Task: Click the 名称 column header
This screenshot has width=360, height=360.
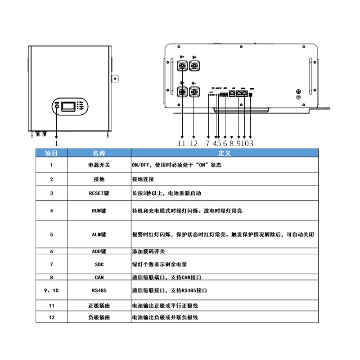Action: [99, 153]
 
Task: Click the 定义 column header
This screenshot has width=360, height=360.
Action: [224, 153]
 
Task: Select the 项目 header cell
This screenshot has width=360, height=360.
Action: [51, 153]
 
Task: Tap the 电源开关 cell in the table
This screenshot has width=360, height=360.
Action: [99, 165]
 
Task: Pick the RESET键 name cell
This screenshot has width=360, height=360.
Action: [99, 193]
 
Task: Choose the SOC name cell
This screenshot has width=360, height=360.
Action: [99, 265]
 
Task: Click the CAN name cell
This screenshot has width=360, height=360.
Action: [99, 278]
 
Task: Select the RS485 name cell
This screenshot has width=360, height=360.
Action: [99, 291]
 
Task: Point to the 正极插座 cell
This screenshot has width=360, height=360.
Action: [99, 306]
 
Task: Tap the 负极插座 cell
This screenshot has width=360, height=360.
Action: [99, 317]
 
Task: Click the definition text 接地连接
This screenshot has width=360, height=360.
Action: [143, 179]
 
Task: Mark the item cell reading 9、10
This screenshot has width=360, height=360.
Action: [51, 291]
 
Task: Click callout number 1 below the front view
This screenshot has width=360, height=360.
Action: [56, 144]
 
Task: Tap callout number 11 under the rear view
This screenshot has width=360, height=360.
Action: [182, 144]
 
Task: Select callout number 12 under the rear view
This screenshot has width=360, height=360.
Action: [194, 144]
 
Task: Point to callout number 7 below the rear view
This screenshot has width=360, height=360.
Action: [208, 144]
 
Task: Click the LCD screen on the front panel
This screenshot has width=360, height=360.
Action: [68, 107]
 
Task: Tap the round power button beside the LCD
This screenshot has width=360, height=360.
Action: [57, 107]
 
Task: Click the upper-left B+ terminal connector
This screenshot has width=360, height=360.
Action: [183, 66]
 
